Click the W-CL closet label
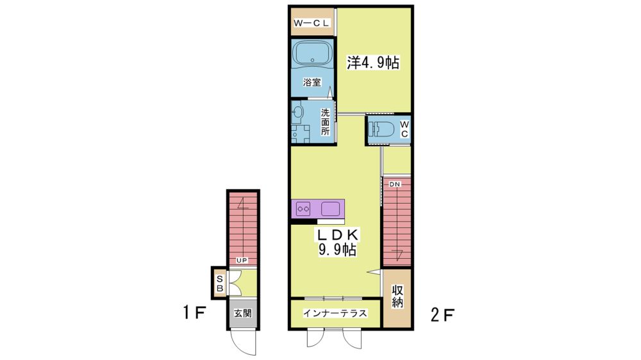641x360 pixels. [x=311, y=23]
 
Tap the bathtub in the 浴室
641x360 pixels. [x=312, y=53]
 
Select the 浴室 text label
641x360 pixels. [x=312, y=82]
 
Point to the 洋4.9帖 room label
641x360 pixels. [x=373, y=63]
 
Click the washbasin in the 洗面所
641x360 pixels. [x=297, y=112]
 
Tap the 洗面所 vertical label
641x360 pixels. [x=325, y=121]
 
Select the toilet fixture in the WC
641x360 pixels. [x=381, y=129]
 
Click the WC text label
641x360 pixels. [x=404, y=129]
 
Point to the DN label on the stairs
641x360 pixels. [x=394, y=184]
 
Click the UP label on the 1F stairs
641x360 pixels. [x=242, y=260]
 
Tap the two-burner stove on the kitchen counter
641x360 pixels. [x=304, y=209]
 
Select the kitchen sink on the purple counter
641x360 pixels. [x=330, y=209]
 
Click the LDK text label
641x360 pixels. [x=338, y=234]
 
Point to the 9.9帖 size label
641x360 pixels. [x=338, y=249]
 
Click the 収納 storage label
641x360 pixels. [x=397, y=296]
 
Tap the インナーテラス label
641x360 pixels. [x=335, y=313]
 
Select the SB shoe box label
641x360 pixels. [x=219, y=284]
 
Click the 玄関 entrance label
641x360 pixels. [x=243, y=313]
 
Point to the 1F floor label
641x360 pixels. [x=194, y=313]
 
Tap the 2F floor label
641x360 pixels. [x=443, y=315]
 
